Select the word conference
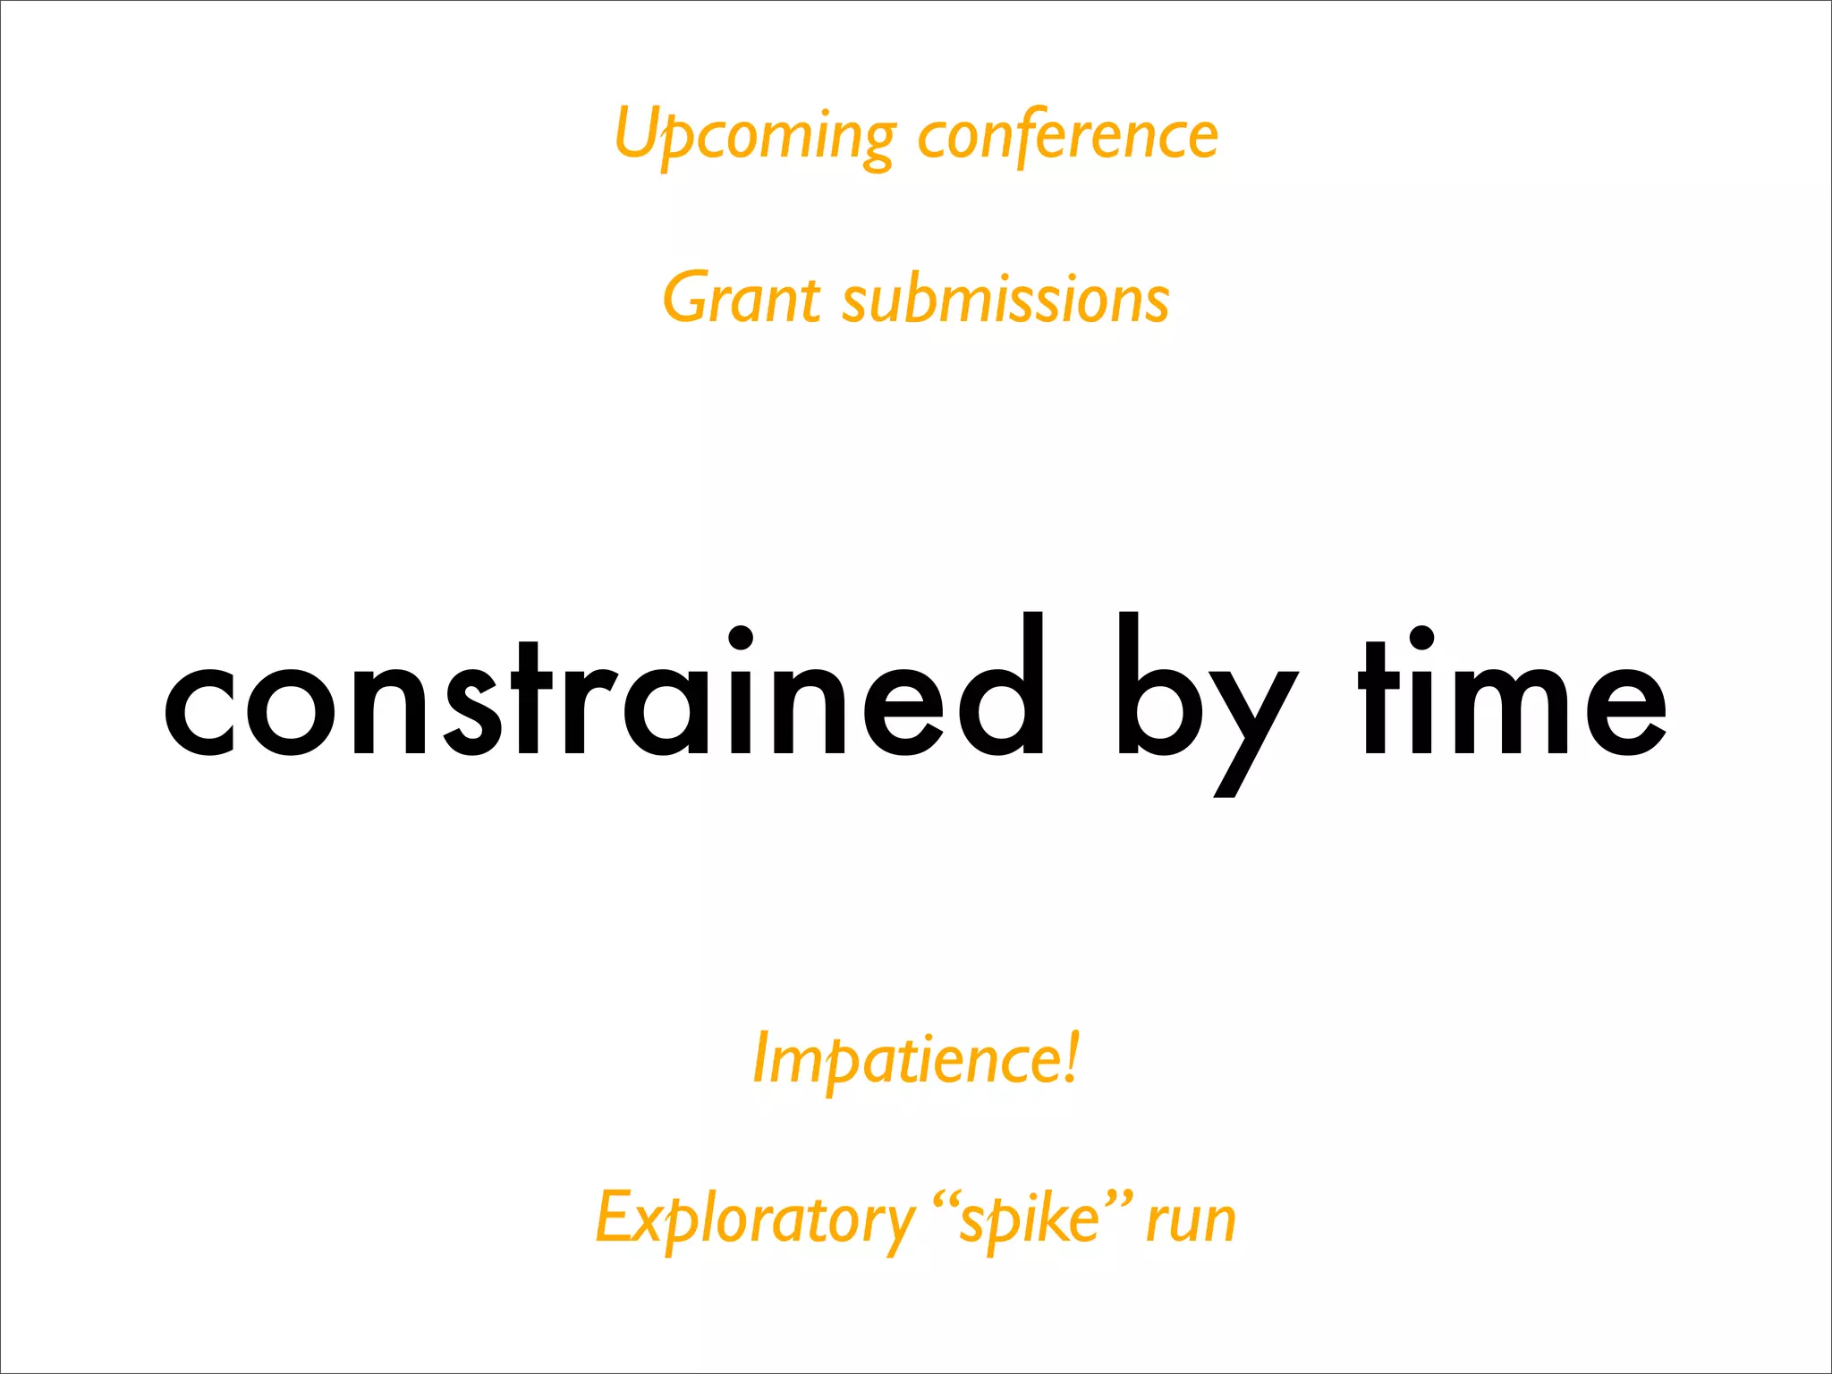click(1068, 136)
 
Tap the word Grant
click(741, 298)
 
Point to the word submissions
click(1005, 298)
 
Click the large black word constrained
click(604, 698)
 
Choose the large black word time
click(1512, 698)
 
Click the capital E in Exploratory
click(615, 1217)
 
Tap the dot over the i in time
click(1421, 638)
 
